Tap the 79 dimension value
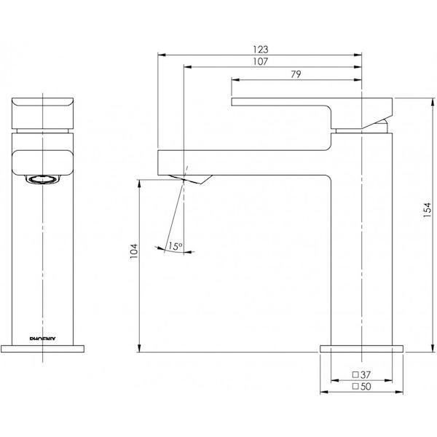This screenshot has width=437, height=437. coord(296,74)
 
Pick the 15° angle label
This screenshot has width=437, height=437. coord(175,247)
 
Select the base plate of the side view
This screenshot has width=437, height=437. coord(362,349)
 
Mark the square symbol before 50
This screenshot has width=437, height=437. coord(355,387)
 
